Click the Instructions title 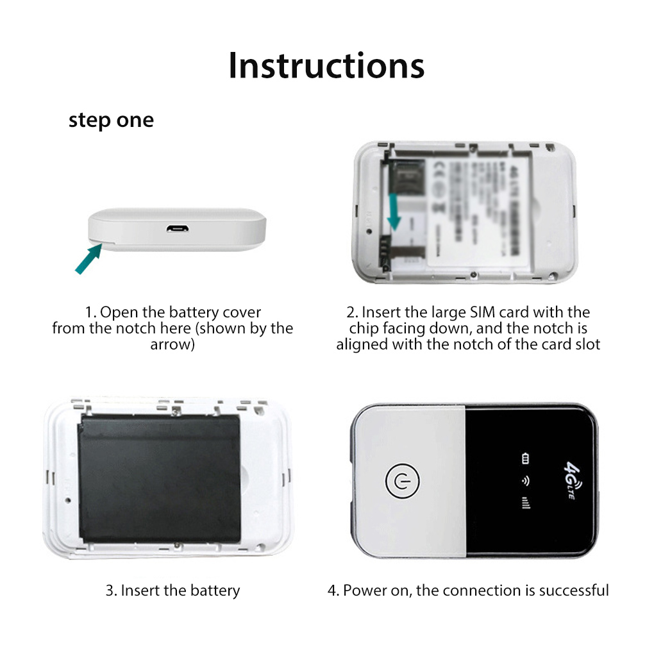pyautogui.click(x=326, y=65)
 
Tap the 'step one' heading pyautogui.click(x=111, y=120)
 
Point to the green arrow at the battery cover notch pyautogui.click(x=88, y=258)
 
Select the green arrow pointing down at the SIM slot pyautogui.click(x=394, y=211)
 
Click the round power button pyautogui.click(x=401, y=481)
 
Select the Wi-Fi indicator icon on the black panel pyautogui.click(x=526, y=480)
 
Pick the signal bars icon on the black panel pyautogui.click(x=526, y=503)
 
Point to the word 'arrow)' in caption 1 pyautogui.click(x=172, y=344)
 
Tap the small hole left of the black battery pyautogui.click(x=66, y=499)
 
